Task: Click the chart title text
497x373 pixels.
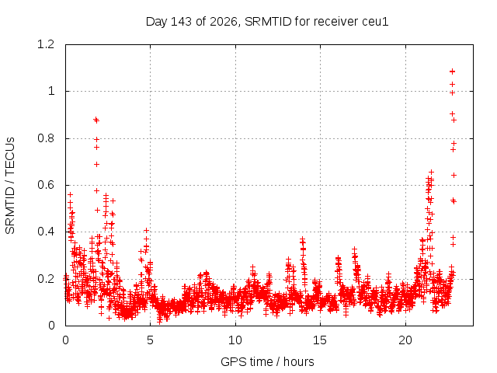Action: (267, 22)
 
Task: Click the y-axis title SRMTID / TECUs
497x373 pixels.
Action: (10, 186)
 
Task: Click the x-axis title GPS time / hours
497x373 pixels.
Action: (267, 361)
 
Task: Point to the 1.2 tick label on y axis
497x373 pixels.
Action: (46, 44)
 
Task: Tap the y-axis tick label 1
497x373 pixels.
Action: (51, 92)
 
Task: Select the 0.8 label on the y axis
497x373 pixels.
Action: (46, 138)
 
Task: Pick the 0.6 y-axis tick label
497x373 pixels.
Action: (46, 185)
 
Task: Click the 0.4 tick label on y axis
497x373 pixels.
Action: (46, 232)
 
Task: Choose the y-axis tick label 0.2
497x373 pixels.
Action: (46, 279)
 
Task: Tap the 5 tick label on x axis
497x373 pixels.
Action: (150, 340)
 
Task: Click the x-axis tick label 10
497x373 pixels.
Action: (235, 340)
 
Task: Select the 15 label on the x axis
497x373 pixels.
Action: (320, 340)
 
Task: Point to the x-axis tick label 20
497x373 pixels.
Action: (405, 340)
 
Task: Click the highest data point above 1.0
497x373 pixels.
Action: (452, 71)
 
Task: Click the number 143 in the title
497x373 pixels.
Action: (181, 22)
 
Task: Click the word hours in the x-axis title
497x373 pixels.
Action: (299, 361)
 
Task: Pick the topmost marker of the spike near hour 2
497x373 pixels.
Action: (96, 119)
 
